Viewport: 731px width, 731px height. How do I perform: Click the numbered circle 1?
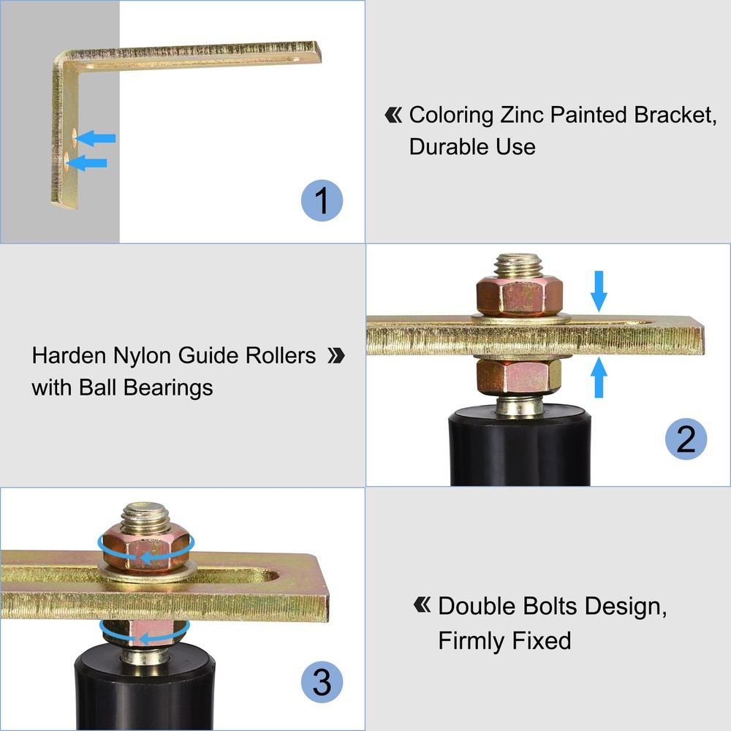click(x=322, y=200)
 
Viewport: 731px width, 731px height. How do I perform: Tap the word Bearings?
click(x=168, y=387)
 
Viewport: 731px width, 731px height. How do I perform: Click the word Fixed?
click(x=537, y=641)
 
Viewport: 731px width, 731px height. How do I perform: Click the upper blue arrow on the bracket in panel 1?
click(x=95, y=137)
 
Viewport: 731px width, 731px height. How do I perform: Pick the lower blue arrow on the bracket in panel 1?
click(x=88, y=162)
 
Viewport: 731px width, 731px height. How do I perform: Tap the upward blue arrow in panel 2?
click(x=599, y=377)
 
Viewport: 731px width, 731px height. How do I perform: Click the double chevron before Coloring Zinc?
click(x=393, y=115)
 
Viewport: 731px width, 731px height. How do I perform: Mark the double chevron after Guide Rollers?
click(x=336, y=356)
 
